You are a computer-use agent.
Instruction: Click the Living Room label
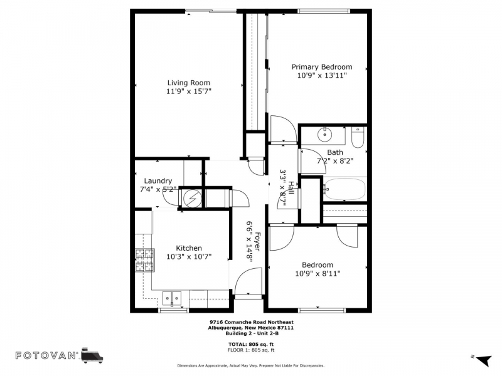189,83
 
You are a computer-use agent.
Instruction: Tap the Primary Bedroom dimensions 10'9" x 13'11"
322,75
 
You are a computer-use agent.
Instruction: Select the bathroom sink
324,135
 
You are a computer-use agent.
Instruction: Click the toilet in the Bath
357,137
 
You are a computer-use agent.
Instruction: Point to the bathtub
344,189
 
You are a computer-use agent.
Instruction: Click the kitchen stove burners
145,260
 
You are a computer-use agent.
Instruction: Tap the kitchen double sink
171,299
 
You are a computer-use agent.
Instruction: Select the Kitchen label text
189,248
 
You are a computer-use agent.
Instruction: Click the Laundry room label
158,181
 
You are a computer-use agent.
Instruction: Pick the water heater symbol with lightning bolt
192,199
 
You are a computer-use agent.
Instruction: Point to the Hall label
291,187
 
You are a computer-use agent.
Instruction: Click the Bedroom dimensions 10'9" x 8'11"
318,274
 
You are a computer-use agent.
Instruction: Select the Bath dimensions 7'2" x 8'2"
335,161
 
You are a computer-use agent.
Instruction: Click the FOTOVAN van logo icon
92,355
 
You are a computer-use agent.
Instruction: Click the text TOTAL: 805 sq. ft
250,344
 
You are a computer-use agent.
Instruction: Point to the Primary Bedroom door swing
284,129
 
